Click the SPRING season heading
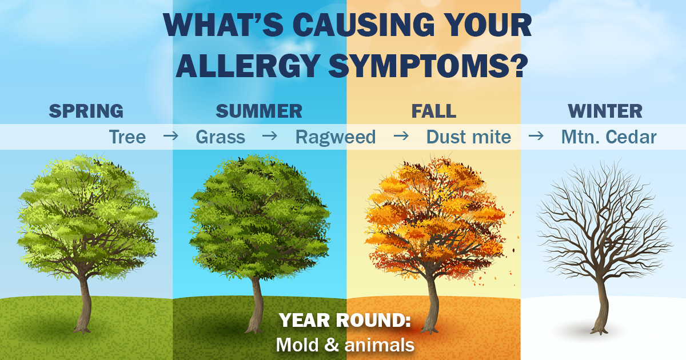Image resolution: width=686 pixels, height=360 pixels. [x=86, y=111]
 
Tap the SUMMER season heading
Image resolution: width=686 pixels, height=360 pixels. [x=259, y=111]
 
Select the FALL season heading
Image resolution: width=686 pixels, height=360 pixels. [x=434, y=111]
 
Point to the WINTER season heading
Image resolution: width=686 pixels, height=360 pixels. [x=605, y=111]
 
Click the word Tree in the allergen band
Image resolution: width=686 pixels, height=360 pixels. [x=127, y=137]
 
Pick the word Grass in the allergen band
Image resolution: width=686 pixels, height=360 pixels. [x=221, y=137]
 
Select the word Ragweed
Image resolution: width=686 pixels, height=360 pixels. [x=336, y=137]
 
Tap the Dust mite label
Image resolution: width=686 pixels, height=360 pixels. [x=469, y=137]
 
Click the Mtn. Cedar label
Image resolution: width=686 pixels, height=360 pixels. [x=609, y=137]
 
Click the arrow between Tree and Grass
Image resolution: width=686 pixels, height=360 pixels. [x=171, y=135]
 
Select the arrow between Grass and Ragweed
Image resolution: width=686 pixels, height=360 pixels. [x=270, y=135]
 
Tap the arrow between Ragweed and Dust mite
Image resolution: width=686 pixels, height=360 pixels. [x=401, y=135]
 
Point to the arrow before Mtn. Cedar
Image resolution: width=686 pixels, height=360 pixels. [x=536, y=135]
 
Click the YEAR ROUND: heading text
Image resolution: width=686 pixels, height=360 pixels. [x=345, y=320]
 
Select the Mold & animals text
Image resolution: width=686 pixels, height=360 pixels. [x=345, y=345]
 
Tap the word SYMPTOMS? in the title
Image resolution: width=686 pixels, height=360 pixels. [x=428, y=66]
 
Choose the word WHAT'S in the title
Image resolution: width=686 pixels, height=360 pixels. [x=224, y=25]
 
